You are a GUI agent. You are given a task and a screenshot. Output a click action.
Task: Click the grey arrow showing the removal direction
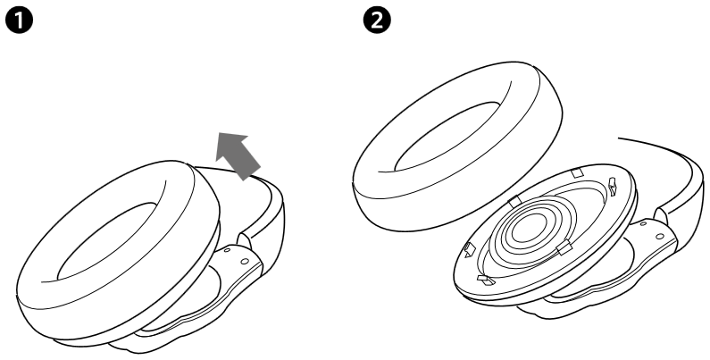[x=237, y=153]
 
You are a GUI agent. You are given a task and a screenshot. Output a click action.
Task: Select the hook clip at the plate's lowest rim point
[x=486, y=280]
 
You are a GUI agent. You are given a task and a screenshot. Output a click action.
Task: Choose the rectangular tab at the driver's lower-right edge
[x=564, y=246]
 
